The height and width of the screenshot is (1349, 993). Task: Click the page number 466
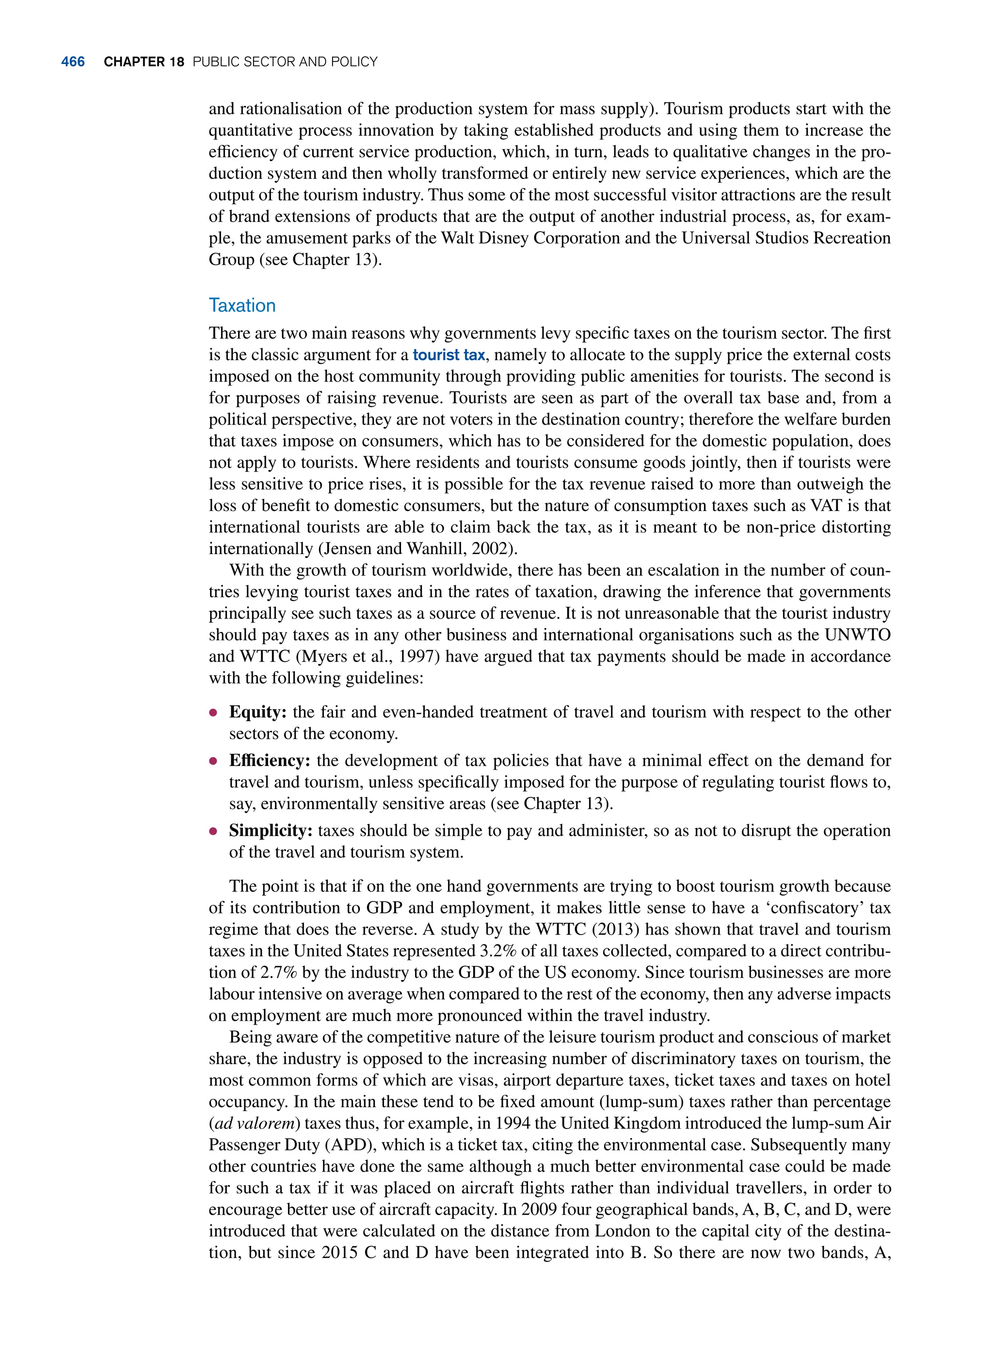click(x=73, y=62)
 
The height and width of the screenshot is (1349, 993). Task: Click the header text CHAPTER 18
click(x=144, y=62)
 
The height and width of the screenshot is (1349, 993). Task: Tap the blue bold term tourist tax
click(x=448, y=355)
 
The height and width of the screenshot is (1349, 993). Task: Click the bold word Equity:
click(x=258, y=712)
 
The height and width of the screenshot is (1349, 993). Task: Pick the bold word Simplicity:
click(x=271, y=831)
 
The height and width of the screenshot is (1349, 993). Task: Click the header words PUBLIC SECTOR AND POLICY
click(x=285, y=62)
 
